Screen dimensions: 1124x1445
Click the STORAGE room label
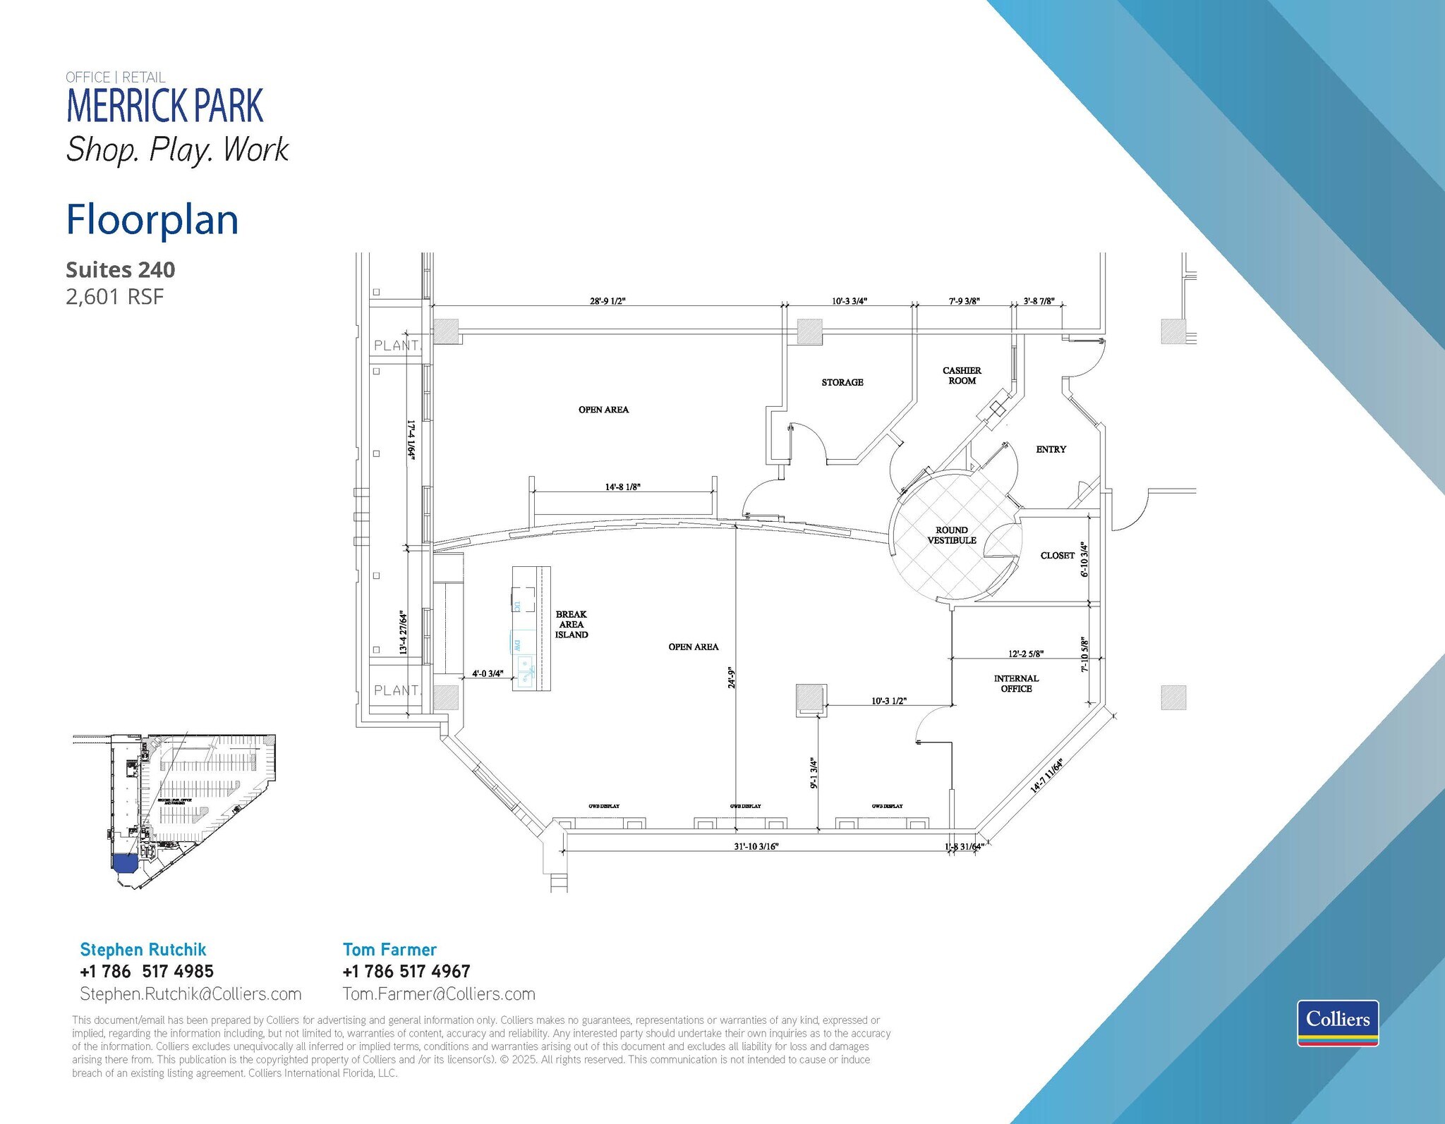click(x=842, y=382)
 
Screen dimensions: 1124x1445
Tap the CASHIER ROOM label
click(x=962, y=375)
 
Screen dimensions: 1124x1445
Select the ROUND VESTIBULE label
click(x=951, y=535)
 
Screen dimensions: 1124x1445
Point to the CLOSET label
click(x=1057, y=556)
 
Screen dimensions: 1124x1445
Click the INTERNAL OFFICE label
click(x=1016, y=683)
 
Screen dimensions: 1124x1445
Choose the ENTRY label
click(x=1051, y=449)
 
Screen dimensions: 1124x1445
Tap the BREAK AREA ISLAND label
click(x=571, y=625)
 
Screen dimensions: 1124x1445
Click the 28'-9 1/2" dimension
click(x=607, y=301)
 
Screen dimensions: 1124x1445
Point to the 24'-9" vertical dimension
click(x=732, y=678)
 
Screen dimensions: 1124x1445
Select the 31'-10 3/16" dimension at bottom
click(x=756, y=846)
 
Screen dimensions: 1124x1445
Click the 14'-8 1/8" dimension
click(x=622, y=487)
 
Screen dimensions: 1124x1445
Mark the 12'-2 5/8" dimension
click(x=1026, y=654)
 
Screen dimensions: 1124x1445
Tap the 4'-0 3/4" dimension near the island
click(x=488, y=673)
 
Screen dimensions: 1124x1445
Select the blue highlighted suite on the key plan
click(x=125, y=862)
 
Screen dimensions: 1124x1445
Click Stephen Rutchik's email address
click(x=191, y=994)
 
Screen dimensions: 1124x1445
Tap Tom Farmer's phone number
click(x=406, y=971)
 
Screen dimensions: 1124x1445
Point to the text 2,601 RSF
click(x=114, y=297)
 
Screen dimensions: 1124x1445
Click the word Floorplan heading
click(x=152, y=220)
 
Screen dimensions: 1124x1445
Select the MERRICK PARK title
click(x=164, y=106)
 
